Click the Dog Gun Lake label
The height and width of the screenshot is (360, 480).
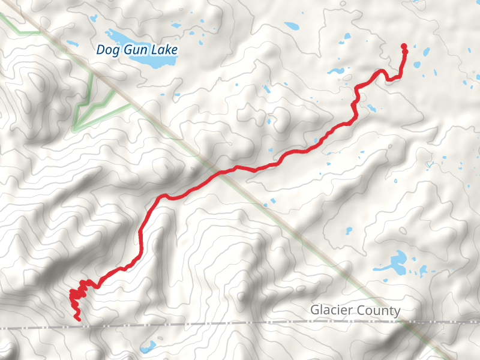click(137, 50)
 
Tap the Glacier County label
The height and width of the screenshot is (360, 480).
click(355, 310)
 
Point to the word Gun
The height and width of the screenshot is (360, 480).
click(134, 50)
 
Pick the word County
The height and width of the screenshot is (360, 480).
click(380, 310)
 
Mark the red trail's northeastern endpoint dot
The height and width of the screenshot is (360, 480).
click(404, 46)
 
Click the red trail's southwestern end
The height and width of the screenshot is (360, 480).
click(79, 319)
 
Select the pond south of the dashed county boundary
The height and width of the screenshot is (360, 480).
click(148, 347)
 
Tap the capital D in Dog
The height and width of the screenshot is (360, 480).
click(101, 50)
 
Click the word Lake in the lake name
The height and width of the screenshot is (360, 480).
click(164, 50)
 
